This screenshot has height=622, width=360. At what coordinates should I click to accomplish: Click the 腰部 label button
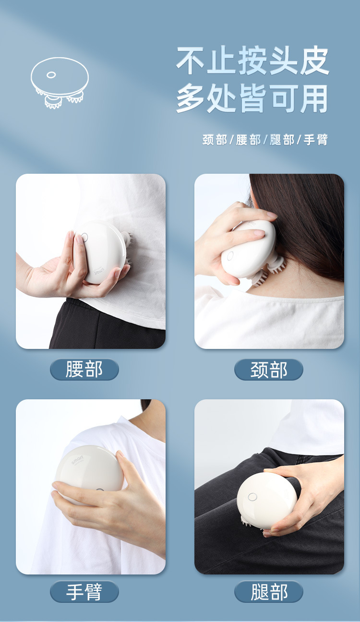84,370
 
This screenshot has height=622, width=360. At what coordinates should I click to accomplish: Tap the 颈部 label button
269,370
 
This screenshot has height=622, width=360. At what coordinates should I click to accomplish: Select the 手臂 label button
84,592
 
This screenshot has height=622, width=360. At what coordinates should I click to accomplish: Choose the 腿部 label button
269,592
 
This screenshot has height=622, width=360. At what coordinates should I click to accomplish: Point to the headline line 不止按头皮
252,61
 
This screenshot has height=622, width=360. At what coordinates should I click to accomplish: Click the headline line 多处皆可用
252,99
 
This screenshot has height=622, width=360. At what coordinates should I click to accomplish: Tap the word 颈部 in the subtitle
215,140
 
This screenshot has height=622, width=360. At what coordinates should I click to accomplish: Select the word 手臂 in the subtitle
316,140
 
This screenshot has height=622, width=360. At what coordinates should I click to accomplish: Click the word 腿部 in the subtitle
282,140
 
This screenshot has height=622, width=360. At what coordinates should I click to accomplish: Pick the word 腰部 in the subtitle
248,140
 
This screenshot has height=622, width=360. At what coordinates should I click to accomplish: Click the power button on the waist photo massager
84,237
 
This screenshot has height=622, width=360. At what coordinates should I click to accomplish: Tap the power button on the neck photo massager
230,254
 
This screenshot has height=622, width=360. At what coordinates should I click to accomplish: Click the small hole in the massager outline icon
51,75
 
